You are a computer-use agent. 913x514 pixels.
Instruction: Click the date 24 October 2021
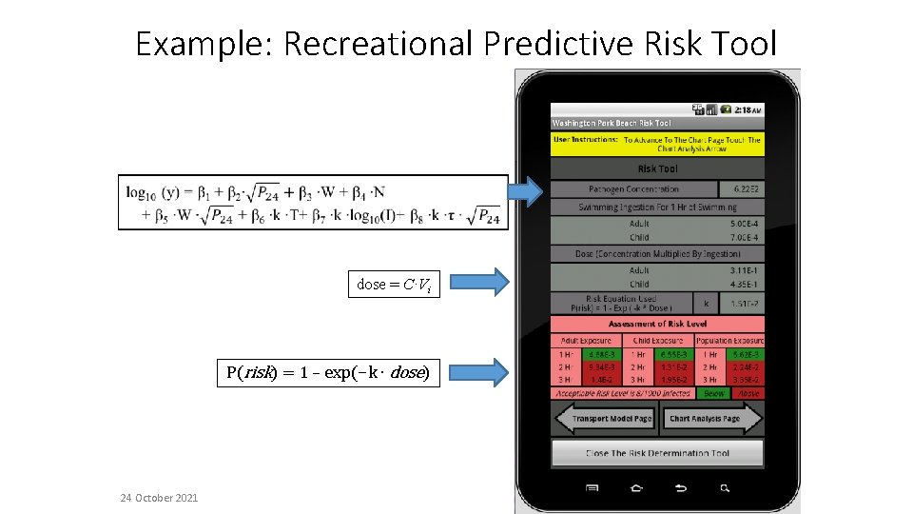[x=160, y=498]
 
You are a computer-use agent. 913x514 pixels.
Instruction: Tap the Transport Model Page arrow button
[x=604, y=419]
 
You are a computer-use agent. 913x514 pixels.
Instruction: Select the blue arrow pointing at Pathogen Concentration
[x=526, y=191]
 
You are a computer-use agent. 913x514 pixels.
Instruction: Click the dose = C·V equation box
[x=394, y=284]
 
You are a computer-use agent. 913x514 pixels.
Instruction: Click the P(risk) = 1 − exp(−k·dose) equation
[x=328, y=372]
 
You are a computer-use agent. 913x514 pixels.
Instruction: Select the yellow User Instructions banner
[x=657, y=144]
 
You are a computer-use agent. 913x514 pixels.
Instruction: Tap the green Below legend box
[x=711, y=393]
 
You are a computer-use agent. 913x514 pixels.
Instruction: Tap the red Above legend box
[x=748, y=393]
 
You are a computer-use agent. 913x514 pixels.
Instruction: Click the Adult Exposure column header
[x=586, y=340]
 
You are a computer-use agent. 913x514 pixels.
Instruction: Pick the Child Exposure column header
[x=657, y=340]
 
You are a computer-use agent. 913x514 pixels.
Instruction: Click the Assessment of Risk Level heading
[x=657, y=324]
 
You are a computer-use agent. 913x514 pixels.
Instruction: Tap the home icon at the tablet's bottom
[x=636, y=488]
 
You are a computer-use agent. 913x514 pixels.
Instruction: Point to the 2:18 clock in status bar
[x=748, y=109]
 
